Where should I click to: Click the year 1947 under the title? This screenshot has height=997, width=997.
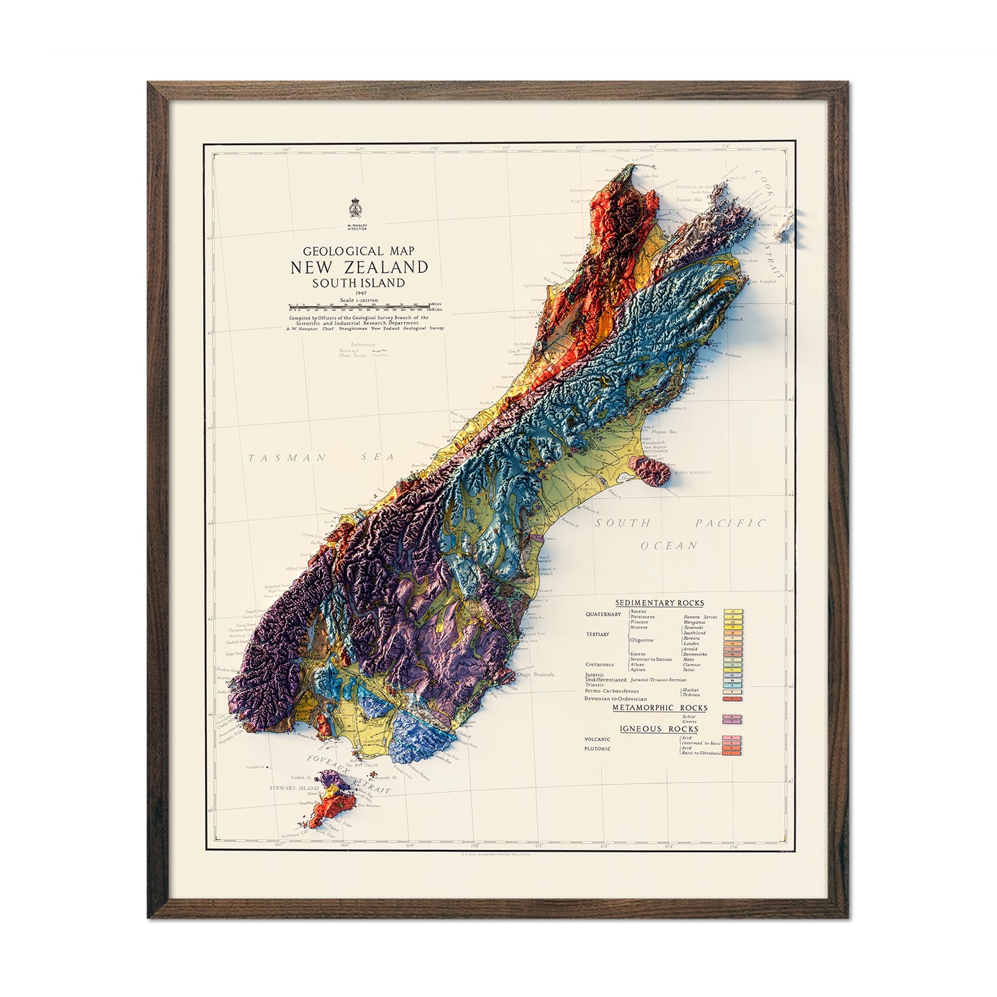pos(359,293)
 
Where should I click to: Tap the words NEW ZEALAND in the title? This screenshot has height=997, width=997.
pos(359,267)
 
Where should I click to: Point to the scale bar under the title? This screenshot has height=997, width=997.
pos(359,306)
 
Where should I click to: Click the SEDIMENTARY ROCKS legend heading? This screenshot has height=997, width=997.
pos(659,603)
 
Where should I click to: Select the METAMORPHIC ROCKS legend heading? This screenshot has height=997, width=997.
pos(659,708)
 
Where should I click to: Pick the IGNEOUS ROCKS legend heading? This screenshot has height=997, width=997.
pos(659,729)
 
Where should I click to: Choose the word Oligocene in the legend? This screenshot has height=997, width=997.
pos(641,640)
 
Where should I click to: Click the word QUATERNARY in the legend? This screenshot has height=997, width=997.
pos(603,614)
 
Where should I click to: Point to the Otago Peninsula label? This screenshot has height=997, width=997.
pos(535,674)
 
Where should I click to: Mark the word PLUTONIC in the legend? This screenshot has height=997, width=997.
pos(597,748)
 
